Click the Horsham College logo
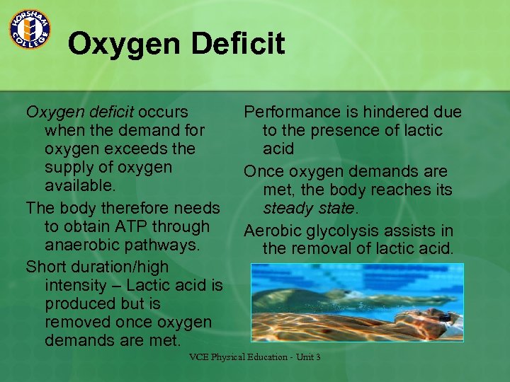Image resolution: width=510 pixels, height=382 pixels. pyautogui.click(x=29, y=29)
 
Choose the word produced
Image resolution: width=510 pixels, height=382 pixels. pyautogui.click(x=79, y=303)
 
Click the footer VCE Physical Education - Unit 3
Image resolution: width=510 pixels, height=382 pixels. pyautogui.click(x=254, y=357)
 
